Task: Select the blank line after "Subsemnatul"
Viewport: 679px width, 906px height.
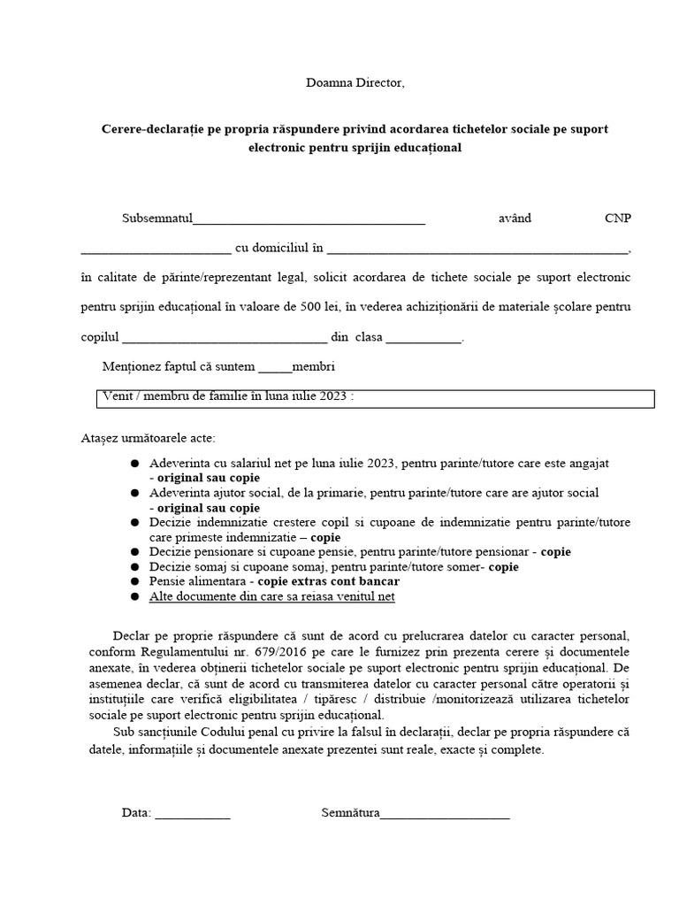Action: [x=309, y=220]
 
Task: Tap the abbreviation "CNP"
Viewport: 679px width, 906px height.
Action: [x=617, y=219]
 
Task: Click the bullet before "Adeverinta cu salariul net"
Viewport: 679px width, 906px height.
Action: [x=134, y=464]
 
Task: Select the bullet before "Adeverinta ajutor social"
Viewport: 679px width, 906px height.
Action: [x=134, y=493]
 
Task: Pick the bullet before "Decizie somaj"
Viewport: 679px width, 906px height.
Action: [x=134, y=567]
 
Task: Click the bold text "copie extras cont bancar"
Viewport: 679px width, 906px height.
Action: [x=323, y=581]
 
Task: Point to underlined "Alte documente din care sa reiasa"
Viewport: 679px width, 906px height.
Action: [x=256, y=597]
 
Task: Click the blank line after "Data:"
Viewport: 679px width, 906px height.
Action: [x=193, y=815]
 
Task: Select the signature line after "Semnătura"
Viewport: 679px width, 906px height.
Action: [x=445, y=815]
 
